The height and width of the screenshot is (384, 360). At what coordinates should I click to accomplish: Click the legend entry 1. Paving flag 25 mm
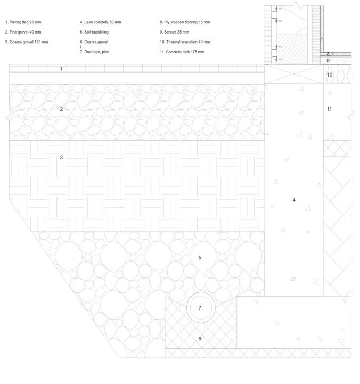[x=22, y=22]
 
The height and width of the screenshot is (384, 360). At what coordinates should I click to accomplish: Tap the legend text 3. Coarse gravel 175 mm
[x=26, y=42]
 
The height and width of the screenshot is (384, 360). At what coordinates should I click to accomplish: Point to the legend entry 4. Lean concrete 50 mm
[x=101, y=22]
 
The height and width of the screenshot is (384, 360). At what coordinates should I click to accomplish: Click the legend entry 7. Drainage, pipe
[x=94, y=52]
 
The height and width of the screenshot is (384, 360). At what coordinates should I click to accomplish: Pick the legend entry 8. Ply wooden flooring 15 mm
[x=185, y=22]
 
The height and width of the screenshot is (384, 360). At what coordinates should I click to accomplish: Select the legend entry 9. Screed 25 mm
[x=174, y=32]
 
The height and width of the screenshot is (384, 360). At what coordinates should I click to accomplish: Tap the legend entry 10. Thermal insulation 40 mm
[x=185, y=42]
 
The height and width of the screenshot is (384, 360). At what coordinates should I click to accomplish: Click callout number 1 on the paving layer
[x=61, y=69]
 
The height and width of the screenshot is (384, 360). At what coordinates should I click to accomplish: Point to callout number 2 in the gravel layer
[x=61, y=109]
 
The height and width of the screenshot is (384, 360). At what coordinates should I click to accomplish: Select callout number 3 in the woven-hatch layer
[x=61, y=157]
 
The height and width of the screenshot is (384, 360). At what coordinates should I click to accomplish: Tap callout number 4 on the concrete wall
[x=294, y=200]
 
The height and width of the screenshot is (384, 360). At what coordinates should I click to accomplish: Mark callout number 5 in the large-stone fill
[x=200, y=258]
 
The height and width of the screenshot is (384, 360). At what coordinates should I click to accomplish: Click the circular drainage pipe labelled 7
[x=200, y=308]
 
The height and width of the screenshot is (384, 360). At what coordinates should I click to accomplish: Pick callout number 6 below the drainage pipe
[x=200, y=338]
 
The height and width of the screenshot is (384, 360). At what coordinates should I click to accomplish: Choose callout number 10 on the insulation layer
[x=330, y=75]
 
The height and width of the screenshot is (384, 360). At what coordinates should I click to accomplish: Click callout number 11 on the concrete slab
[x=330, y=109]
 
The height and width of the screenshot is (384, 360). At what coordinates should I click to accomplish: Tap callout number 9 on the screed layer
[x=329, y=61]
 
